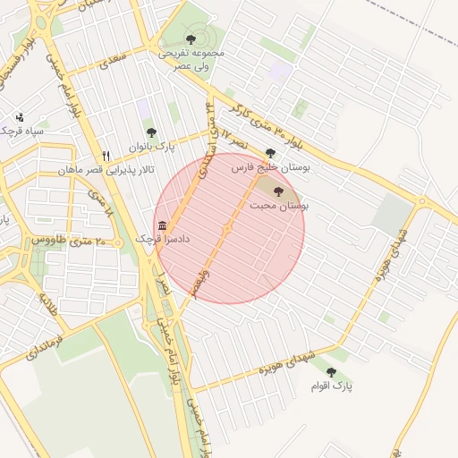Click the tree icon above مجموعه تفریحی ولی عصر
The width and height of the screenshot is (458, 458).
point(191,38)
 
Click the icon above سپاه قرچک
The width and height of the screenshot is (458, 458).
point(20,116)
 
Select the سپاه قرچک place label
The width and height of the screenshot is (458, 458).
point(21,131)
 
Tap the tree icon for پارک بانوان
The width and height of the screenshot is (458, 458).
point(151,132)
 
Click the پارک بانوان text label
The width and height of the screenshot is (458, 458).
point(148,146)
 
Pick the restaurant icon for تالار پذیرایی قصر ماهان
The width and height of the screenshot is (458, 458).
point(106,155)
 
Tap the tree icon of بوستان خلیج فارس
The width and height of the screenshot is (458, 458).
point(271,153)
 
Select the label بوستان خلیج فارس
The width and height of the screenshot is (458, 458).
point(271,167)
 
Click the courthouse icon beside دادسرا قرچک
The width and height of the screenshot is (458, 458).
point(162,225)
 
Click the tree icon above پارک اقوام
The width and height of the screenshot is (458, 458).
point(332,372)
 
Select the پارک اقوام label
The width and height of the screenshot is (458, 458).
point(332,386)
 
